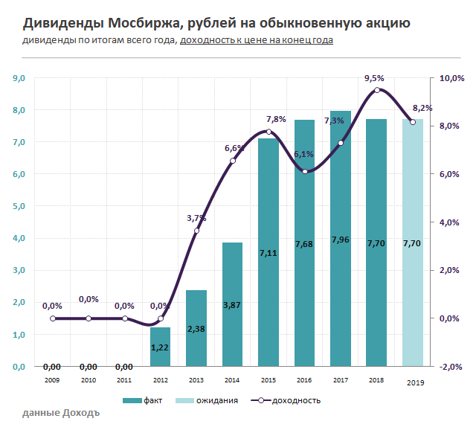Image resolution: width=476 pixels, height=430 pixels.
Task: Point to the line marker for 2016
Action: tap(305, 172)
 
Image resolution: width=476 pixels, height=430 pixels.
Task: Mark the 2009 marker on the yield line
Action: tap(53, 318)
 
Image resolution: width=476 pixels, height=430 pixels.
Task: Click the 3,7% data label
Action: tap(196, 218)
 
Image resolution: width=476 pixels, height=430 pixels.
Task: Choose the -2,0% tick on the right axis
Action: tap(452, 367)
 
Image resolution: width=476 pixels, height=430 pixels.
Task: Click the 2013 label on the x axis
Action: tap(196, 379)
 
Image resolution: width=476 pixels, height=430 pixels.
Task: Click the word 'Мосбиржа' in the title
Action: tap(134, 23)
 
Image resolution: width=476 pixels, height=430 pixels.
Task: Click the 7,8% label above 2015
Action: tap(276, 119)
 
